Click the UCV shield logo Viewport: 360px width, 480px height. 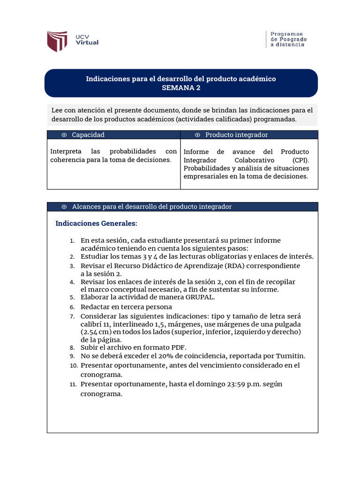(x=58, y=41)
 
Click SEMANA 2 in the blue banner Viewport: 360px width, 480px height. (x=180, y=88)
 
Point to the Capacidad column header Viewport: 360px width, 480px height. (x=88, y=135)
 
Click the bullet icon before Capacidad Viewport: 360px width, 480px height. (x=64, y=135)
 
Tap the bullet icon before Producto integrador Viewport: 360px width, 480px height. (x=197, y=135)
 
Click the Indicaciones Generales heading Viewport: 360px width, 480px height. (x=97, y=223)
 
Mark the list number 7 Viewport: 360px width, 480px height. (x=72, y=316)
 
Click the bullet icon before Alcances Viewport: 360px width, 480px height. (x=64, y=207)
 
